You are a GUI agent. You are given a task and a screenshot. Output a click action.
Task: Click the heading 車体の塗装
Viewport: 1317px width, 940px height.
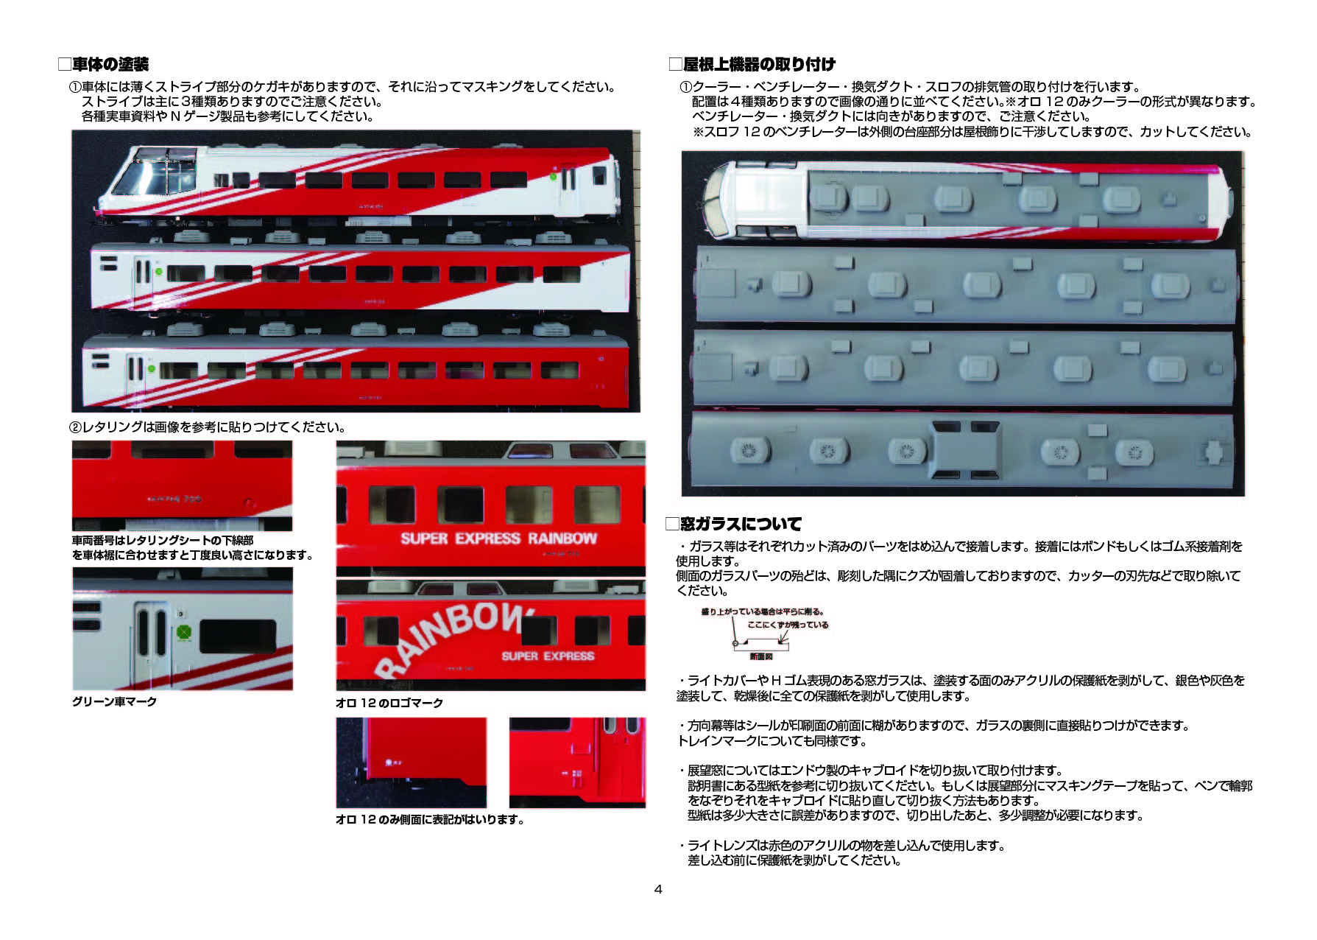(x=110, y=65)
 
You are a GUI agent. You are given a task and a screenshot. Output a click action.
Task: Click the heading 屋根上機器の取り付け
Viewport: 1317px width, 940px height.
(x=759, y=64)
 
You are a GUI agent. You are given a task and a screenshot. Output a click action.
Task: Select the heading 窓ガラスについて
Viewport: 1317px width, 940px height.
(x=741, y=525)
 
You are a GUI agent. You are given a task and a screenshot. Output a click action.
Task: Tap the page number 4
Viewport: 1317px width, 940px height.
(x=658, y=889)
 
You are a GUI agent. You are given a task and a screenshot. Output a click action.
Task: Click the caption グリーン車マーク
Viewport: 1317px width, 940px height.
(x=114, y=702)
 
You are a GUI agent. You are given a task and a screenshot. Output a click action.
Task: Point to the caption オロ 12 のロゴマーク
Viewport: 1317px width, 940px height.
(x=389, y=704)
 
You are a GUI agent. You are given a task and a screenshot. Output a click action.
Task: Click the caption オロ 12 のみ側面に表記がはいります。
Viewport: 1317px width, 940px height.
(x=430, y=820)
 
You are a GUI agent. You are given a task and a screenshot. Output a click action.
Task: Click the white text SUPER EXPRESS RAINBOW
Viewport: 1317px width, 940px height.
(x=498, y=539)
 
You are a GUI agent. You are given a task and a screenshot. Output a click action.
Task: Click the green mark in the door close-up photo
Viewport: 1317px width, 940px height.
(x=184, y=632)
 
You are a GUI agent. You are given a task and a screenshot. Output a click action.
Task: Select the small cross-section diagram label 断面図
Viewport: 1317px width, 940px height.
(x=761, y=656)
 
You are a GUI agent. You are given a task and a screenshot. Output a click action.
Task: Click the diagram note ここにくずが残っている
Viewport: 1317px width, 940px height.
(x=788, y=625)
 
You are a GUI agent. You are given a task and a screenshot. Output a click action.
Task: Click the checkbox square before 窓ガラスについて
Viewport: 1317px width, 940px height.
(x=671, y=525)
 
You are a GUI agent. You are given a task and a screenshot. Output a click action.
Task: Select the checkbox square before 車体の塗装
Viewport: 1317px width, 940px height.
(x=64, y=65)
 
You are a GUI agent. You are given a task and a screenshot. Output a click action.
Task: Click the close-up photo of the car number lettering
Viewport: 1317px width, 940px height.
(x=182, y=485)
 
